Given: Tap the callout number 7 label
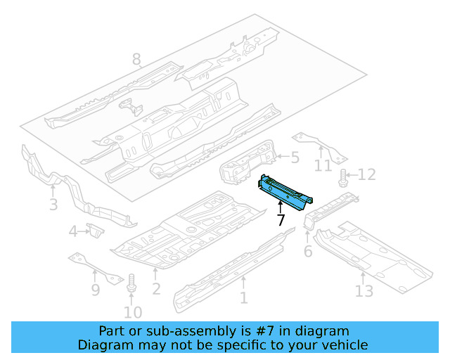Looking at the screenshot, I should click(281, 220).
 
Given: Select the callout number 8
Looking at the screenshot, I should click(136, 60).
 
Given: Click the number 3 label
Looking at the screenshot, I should click(53, 205).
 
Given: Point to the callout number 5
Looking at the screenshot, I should click(295, 158).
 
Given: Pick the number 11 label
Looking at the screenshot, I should click(323, 166).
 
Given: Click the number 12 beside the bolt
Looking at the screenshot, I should click(367, 175).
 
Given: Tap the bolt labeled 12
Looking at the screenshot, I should click(344, 178).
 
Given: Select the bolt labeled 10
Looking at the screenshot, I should click(131, 285).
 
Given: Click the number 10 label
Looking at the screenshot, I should click(133, 312).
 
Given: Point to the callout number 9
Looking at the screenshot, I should click(96, 289).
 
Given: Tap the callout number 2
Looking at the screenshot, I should click(156, 288).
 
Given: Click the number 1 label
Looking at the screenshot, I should click(243, 298).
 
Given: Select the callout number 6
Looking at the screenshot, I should click(307, 252).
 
